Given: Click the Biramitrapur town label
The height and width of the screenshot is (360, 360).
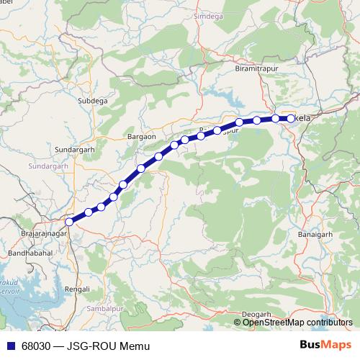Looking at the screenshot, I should [x=257, y=68].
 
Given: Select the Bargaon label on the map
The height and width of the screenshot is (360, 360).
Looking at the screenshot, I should [x=141, y=136].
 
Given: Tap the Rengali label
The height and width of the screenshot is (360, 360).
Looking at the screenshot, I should [x=77, y=288].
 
